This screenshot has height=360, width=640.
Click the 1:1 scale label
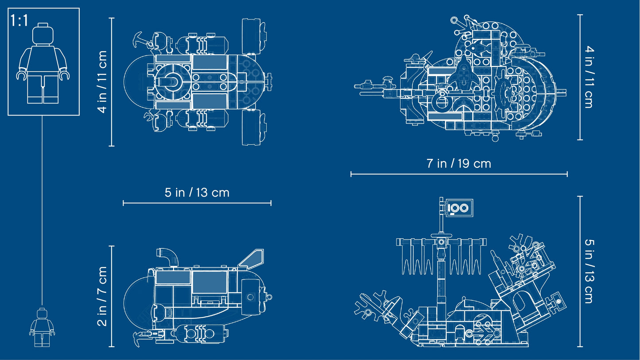19,20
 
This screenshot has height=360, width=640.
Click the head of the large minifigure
43,34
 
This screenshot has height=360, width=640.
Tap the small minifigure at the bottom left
42,327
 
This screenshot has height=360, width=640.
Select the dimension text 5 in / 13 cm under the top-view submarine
197,193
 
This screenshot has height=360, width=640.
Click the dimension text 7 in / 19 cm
459,163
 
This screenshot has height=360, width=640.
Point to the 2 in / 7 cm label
102,296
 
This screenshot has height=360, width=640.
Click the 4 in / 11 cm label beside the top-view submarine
102,82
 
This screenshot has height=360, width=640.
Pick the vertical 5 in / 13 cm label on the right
589,271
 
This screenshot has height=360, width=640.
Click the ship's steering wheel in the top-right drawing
508,93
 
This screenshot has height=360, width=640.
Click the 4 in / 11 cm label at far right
589,77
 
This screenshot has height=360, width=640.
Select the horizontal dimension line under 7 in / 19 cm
459,174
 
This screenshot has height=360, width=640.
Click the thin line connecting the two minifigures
42,210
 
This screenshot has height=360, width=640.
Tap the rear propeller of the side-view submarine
265,297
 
